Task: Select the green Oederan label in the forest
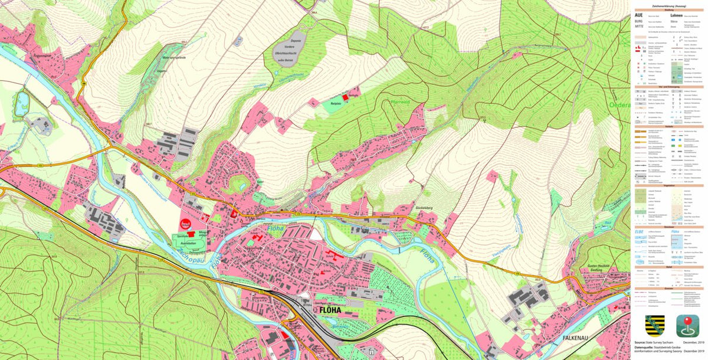[x=619, y=105]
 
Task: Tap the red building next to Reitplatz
[x=345, y=98]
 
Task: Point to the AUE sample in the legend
[x=638, y=15]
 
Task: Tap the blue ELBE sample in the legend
[x=639, y=231]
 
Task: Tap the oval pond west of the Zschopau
[x=22, y=104]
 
